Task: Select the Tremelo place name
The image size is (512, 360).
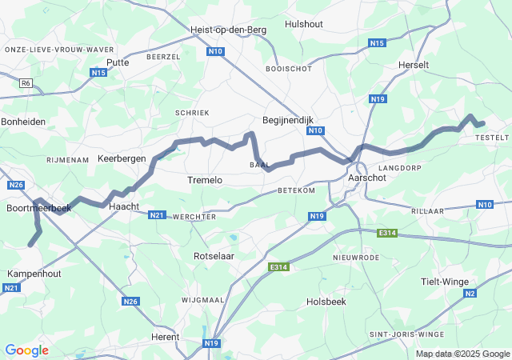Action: coord(204,181)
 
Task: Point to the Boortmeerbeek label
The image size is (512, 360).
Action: coord(38,208)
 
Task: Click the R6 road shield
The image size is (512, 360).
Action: coord(26,82)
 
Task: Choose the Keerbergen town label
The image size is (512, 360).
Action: coord(122,158)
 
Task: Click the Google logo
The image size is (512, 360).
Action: coord(26,350)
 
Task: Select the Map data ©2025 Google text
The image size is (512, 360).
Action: coord(462,354)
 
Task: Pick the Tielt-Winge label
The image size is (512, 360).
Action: coord(445,282)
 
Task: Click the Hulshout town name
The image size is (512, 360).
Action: coord(304,24)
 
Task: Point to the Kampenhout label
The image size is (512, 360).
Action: coord(33,274)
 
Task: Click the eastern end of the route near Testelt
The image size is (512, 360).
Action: coord(482,123)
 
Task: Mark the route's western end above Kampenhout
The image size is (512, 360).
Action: coord(31,244)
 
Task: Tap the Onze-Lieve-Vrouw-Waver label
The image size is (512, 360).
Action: coord(59,49)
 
